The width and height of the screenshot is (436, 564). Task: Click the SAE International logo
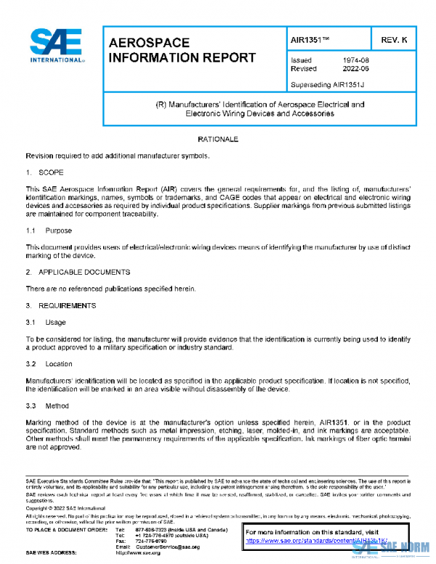(57, 45)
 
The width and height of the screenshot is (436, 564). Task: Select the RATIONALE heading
(218, 138)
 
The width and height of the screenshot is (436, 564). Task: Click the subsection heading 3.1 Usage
(46, 322)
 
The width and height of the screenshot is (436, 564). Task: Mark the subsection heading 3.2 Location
(49, 363)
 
